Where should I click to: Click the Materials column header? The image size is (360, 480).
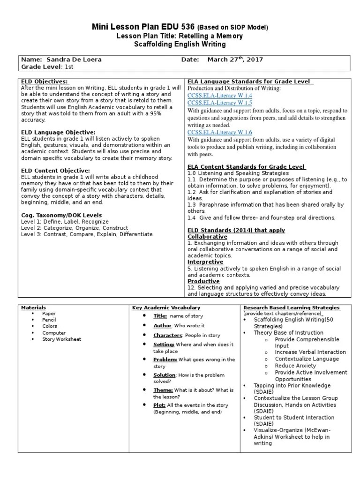click(x=34, y=307)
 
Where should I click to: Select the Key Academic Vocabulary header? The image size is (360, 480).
click(x=166, y=307)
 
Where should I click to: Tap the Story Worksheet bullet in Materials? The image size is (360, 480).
click(x=61, y=339)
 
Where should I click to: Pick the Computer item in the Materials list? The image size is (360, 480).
click(x=54, y=333)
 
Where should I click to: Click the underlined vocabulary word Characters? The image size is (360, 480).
click(x=168, y=336)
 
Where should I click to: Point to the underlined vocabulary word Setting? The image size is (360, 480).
click(x=164, y=345)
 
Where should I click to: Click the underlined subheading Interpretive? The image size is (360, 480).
click(x=205, y=262)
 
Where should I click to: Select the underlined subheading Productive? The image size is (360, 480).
click(x=203, y=281)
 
